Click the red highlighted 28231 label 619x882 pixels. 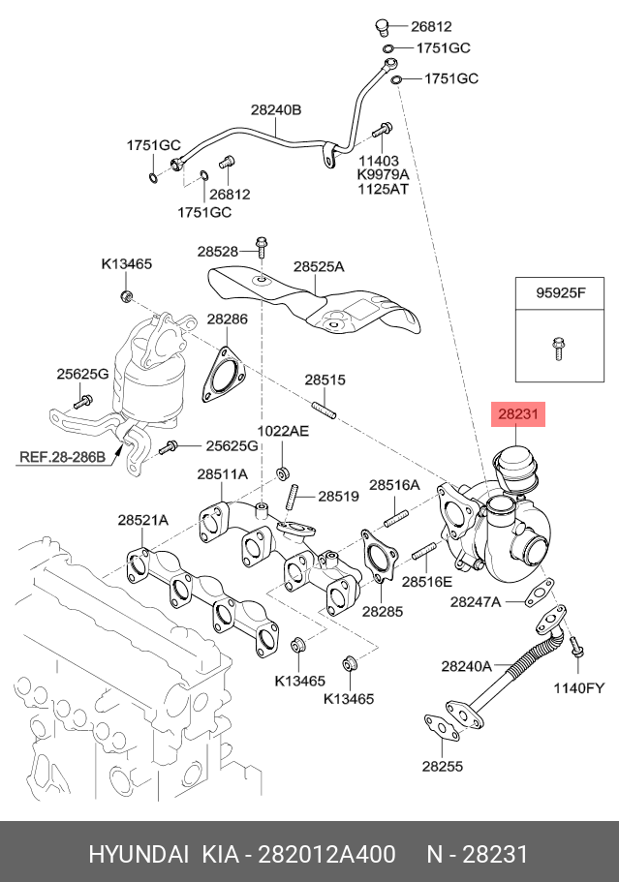coord(518,414)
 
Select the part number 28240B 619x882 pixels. coord(276,110)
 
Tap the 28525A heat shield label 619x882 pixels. coord(319,265)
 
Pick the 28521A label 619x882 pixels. coord(143,520)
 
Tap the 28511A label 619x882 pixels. coord(222,474)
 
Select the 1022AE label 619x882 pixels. coord(283,431)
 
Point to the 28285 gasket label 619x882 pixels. coord(383,612)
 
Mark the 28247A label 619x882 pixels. coord(476,602)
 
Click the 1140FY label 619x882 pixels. coord(578,688)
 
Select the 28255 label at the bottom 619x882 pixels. coord(442,766)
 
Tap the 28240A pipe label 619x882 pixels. coord(467,665)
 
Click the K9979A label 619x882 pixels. coord(384,174)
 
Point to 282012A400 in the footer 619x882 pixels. coord(330,855)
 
